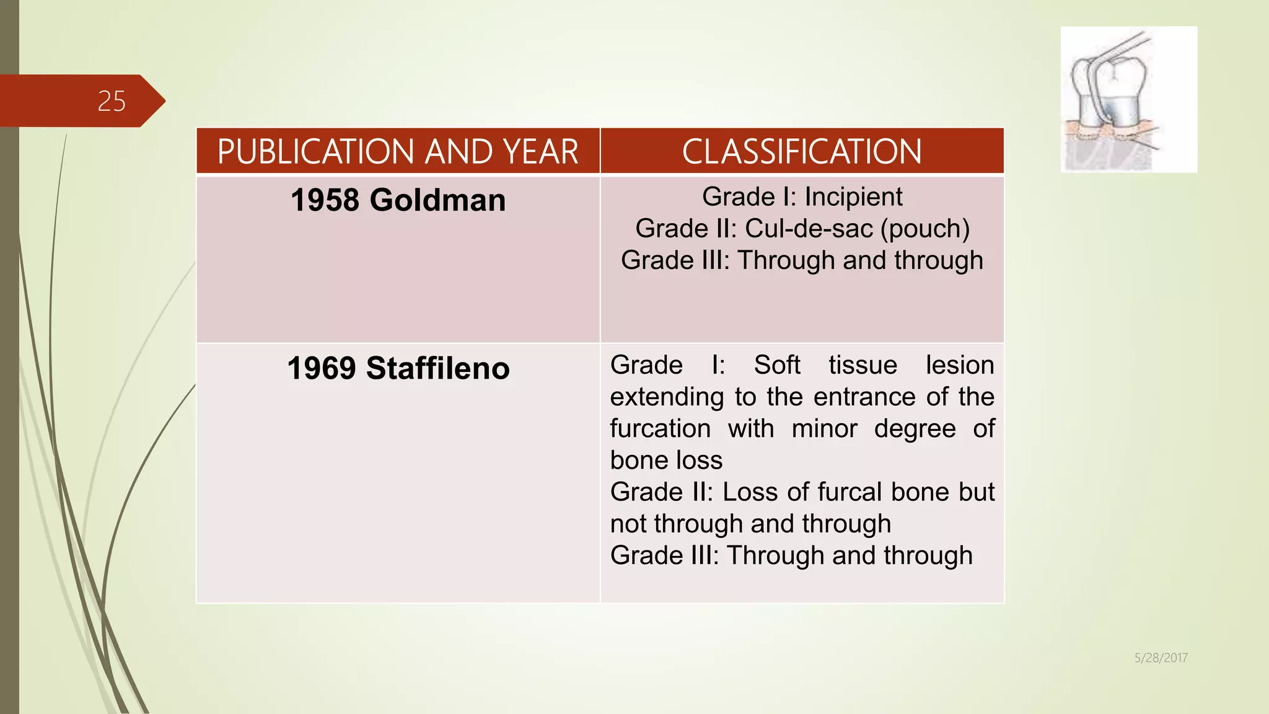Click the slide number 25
click(x=112, y=101)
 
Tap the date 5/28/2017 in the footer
click(x=1161, y=658)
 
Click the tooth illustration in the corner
click(x=1128, y=99)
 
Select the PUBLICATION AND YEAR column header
click(x=398, y=152)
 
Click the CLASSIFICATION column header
click(x=802, y=152)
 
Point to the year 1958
click(x=325, y=200)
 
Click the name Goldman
click(x=437, y=200)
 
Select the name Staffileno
click(x=437, y=368)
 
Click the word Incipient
click(x=853, y=197)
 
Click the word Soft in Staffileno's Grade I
click(x=777, y=365)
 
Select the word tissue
click(x=863, y=365)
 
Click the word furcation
click(x=660, y=429)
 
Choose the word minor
click(x=824, y=429)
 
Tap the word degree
click(x=915, y=429)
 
